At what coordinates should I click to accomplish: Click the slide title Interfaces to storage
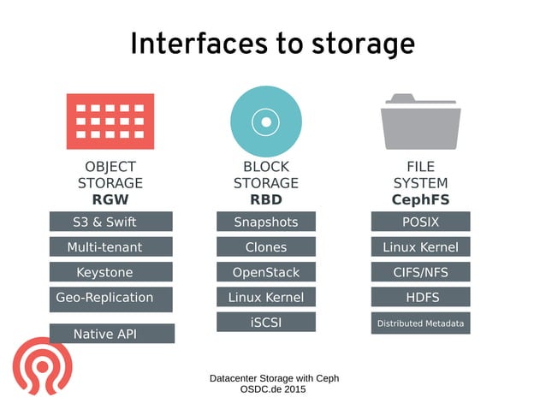tap(272, 44)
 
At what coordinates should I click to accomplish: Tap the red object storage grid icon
tap(110, 122)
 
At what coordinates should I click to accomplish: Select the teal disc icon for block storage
tap(265, 122)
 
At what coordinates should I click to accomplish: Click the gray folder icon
tap(420, 122)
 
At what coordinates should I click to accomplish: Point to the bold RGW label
tap(110, 199)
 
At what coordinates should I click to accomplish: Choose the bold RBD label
tap(265, 199)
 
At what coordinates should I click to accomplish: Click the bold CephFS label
tap(420, 199)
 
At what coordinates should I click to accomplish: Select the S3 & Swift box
tap(110, 222)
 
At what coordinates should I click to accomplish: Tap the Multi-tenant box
tap(110, 247)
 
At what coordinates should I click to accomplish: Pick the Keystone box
tap(110, 272)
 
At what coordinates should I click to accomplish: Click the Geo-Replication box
tap(110, 299)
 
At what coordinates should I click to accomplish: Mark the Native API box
tap(111, 334)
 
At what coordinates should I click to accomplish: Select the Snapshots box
tap(265, 222)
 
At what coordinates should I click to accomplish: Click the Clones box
tap(265, 247)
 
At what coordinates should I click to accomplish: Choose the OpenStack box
tap(265, 272)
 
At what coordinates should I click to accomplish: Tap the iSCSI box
tap(265, 322)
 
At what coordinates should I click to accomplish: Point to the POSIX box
tap(420, 222)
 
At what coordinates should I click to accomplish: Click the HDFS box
tap(420, 297)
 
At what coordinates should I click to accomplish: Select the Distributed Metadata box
tap(420, 323)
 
